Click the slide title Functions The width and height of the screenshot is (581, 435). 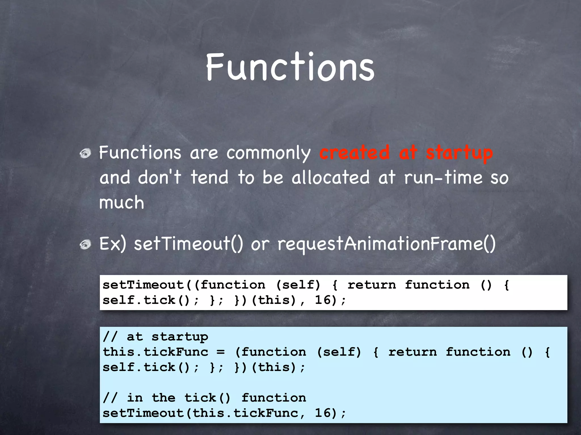coord(290,67)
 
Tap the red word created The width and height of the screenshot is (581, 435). coord(354,153)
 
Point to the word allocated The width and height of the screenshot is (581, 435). coord(331,178)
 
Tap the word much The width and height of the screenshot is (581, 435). coord(122,202)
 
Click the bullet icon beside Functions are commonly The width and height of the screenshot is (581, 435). coord(85,153)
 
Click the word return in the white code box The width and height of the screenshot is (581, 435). coord(372,285)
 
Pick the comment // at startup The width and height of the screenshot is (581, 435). coord(155,337)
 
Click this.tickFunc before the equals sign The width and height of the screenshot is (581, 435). coord(155,352)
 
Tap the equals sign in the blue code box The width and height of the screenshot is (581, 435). coord(221,352)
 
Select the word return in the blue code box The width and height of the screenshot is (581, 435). coord(412,352)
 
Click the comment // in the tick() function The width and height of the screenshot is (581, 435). coord(205,398)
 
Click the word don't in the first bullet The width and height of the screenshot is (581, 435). coord(159,178)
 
